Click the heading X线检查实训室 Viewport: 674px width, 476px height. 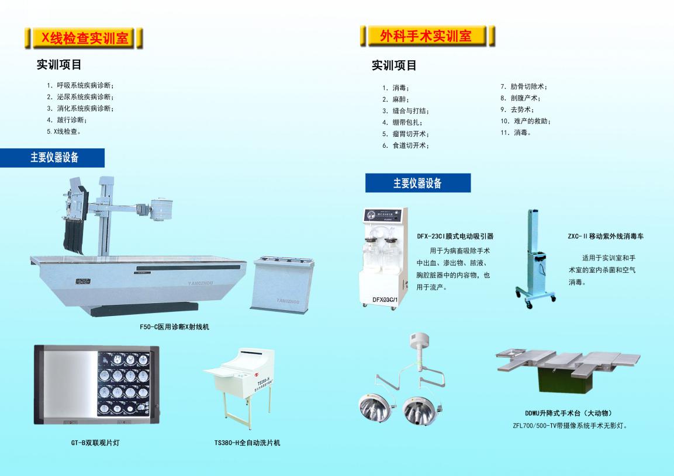(x=84, y=38)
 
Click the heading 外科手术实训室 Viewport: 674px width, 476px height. (x=426, y=36)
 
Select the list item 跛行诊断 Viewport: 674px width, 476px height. (x=67, y=120)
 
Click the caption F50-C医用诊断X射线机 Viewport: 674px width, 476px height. (x=175, y=327)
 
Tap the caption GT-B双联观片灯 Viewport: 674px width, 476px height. (x=95, y=443)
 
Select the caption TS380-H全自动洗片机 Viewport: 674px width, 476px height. (x=247, y=443)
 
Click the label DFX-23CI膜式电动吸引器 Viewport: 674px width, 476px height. (x=455, y=237)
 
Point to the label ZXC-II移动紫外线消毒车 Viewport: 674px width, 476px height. (x=606, y=237)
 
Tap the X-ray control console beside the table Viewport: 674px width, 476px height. (x=282, y=284)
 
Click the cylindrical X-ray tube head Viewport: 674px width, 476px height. (x=161, y=209)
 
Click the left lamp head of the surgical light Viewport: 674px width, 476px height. (x=373, y=408)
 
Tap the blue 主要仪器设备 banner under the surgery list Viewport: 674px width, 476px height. (x=418, y=183)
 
